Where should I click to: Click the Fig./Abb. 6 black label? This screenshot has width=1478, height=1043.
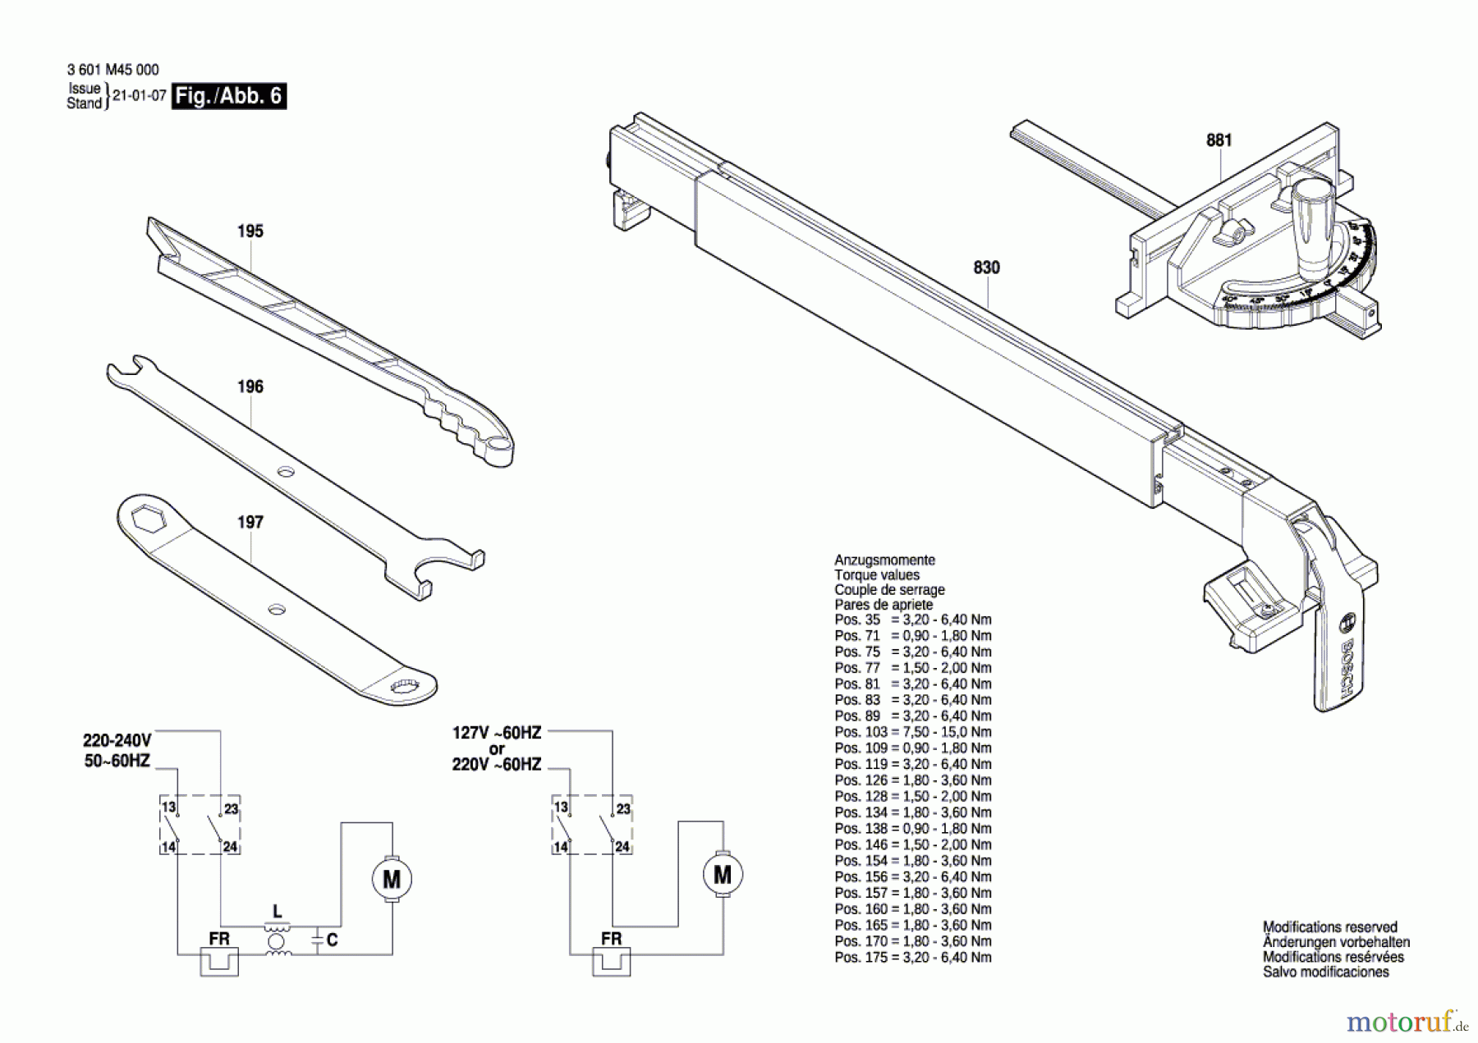(x=229, y=96)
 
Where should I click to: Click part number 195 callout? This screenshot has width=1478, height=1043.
(x=250, y=231)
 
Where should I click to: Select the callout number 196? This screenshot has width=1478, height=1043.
(x=250, y=387)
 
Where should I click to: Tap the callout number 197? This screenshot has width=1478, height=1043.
(x=250, y=522)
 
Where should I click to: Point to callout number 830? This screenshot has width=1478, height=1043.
(x=986, y=268)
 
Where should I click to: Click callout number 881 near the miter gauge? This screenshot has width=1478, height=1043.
(x=1219, y=140)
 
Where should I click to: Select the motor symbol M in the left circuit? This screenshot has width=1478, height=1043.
(x=392, y=880)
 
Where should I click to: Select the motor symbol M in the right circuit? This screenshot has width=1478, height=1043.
(x=723, y=875)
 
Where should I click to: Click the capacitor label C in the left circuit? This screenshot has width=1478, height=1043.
(x=332, y=940)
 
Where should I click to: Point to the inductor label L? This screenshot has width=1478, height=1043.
(x=278, y=912)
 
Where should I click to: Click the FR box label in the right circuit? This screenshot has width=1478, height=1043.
(x=611, y=939)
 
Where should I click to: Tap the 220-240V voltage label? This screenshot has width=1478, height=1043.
(x=117, y=740)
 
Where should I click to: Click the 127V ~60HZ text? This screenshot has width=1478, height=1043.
(x=497, y=733)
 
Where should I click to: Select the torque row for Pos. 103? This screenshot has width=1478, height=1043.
(x=912, y=732)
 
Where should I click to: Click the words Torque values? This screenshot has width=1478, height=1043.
(x=876, y=575)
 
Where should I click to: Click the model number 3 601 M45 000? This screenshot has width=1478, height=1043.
(x=113, y=71)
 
